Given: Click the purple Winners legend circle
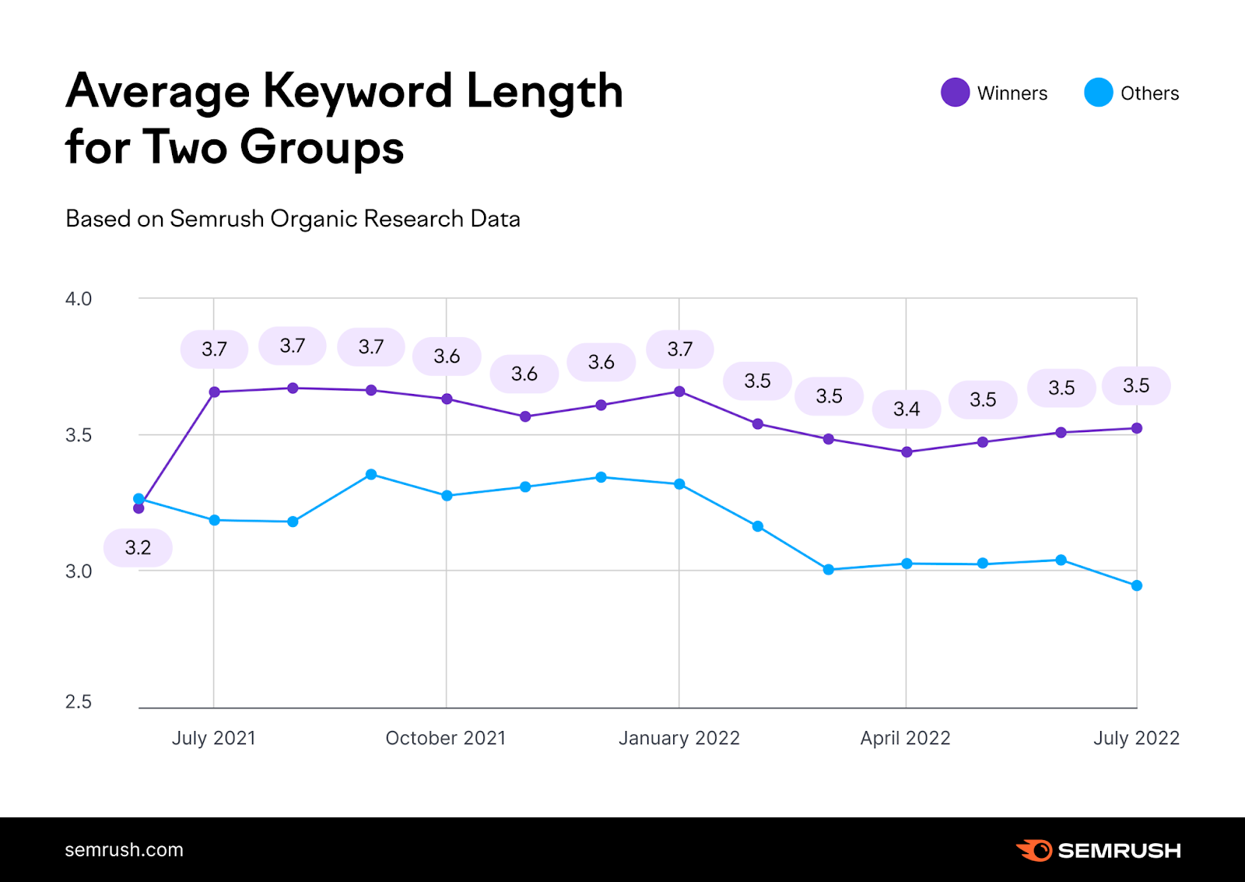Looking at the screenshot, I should click(x=955, y=93).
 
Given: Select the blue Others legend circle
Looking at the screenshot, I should click(x=1098, y=93).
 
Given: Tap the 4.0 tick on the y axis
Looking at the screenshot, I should click(x=79, y=299).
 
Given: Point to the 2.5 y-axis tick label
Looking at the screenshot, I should click(x=79, y=702).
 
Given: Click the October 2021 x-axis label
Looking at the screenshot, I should click(x=446, y=738).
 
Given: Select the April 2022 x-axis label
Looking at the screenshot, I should click(x=905, y=738).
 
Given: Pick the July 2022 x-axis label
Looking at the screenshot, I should click(x=1136, y=738).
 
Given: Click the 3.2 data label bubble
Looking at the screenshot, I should click(x=138, y=547).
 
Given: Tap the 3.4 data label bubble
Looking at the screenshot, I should click(x=906, y=409).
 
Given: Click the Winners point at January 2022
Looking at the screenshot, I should click(x=679, y=392).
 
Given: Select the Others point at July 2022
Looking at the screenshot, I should click(x=1137, y=585).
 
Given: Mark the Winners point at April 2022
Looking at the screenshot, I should click(x=907, y=452).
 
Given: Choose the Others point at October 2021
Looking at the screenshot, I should click(x=447, y=495).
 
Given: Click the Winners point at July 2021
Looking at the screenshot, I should click(x=215, y=392).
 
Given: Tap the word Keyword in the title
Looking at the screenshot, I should click(x=358, y=91).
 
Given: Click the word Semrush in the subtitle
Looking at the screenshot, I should click(x=217, y=219).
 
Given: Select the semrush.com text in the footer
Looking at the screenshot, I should click(x=124, y=850).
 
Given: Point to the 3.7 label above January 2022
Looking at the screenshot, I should click(x=679, y=349).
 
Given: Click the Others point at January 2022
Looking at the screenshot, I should click(x=679, y=484).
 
